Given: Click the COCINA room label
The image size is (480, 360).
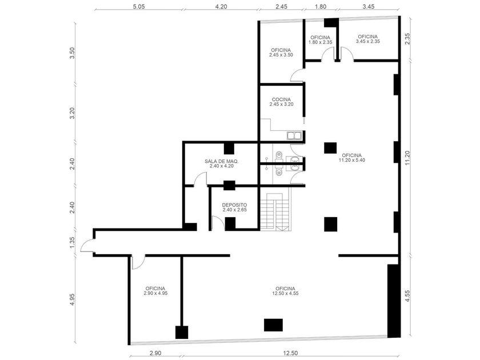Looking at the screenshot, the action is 281,102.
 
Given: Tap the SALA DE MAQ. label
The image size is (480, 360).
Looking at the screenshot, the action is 222,163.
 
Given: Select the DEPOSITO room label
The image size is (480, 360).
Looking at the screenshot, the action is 234,207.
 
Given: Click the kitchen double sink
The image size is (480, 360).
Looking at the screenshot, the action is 294,135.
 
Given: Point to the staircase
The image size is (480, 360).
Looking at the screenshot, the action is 275,211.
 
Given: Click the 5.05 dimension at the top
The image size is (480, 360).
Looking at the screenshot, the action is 138,6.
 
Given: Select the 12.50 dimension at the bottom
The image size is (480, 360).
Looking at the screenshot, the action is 290,353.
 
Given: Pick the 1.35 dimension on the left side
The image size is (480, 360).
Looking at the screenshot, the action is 72,242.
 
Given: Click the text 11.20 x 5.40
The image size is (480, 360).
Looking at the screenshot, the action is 352,160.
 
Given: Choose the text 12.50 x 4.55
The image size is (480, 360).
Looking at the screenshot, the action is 285,293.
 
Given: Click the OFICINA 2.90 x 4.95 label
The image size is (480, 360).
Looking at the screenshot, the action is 155,291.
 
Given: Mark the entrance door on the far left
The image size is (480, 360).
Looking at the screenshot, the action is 87,245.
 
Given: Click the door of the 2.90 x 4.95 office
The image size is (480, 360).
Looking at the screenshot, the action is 138,262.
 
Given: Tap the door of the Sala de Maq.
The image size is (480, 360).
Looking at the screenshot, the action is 200,179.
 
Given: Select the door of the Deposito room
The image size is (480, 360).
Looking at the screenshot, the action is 218,223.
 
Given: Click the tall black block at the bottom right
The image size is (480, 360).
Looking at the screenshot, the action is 394,301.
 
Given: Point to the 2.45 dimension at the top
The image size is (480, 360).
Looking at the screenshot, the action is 281,6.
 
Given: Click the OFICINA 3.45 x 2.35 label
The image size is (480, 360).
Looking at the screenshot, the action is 367,39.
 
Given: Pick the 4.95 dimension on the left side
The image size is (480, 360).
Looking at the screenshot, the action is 72,299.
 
